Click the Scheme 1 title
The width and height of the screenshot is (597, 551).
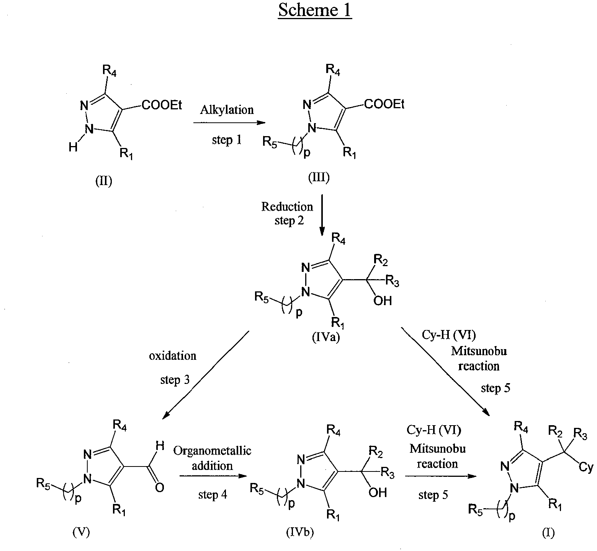315,10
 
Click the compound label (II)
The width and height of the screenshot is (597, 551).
104,181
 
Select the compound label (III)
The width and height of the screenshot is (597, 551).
319,178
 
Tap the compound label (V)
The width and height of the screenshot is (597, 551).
81,533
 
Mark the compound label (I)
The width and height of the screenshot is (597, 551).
548,533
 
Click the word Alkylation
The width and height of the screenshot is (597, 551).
227,110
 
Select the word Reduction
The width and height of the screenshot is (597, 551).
287,207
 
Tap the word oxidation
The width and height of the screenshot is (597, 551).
173,356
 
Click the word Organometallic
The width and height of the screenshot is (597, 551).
212,451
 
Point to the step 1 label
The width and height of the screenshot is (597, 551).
227,140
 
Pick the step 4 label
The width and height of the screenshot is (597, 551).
213,495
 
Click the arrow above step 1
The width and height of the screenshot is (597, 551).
229,123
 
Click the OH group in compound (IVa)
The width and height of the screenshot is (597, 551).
383,301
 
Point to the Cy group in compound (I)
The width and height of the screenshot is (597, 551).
586,468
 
